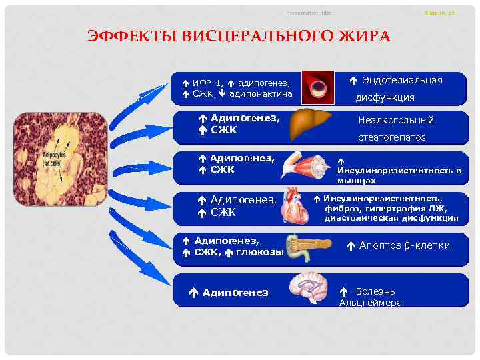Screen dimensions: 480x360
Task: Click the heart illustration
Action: tap(295, 207)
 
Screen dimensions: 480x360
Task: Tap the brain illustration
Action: tap(310, 289)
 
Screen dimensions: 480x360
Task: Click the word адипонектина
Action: tap(261, 94)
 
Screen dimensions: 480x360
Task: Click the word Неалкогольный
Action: tap(396, 121)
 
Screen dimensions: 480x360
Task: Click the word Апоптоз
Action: tap(379, 245)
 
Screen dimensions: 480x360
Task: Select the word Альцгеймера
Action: tap(370, 303)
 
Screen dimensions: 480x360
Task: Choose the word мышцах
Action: tap(356, 180)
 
